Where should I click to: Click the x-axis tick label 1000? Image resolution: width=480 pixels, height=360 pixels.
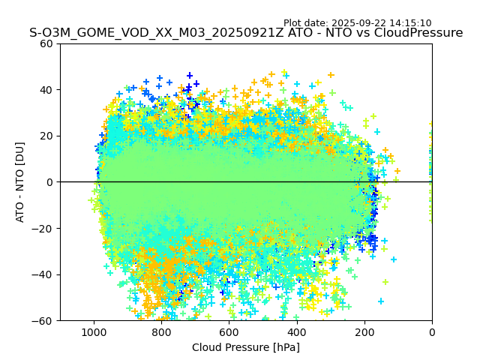(94, 332)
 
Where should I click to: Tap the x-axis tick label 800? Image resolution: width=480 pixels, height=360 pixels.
(161, 332)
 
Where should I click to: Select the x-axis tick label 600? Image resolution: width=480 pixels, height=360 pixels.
(229, 332)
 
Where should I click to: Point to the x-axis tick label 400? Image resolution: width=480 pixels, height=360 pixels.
(297, 332)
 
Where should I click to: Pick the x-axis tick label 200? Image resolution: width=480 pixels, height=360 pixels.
(364, 332)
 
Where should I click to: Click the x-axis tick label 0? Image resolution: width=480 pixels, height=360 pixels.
(432, 332)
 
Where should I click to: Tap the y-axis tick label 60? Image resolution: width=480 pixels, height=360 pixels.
(47, 43)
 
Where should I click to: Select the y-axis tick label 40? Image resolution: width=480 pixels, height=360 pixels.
(47, 90)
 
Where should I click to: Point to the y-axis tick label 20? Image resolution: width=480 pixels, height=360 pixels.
(47, 136)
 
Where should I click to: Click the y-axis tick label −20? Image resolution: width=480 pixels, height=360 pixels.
(44, 228)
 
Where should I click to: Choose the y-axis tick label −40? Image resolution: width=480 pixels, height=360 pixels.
(44, 274)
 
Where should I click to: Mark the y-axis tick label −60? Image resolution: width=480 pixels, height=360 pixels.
(44, 320)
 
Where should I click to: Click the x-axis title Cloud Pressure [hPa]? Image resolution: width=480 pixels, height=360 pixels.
(246, 347)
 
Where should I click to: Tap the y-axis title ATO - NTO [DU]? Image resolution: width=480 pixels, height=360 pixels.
(20, 182)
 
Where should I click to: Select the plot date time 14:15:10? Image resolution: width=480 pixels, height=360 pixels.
(409, 23)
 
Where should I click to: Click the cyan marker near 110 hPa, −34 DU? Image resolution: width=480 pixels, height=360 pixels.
(394, 259)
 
